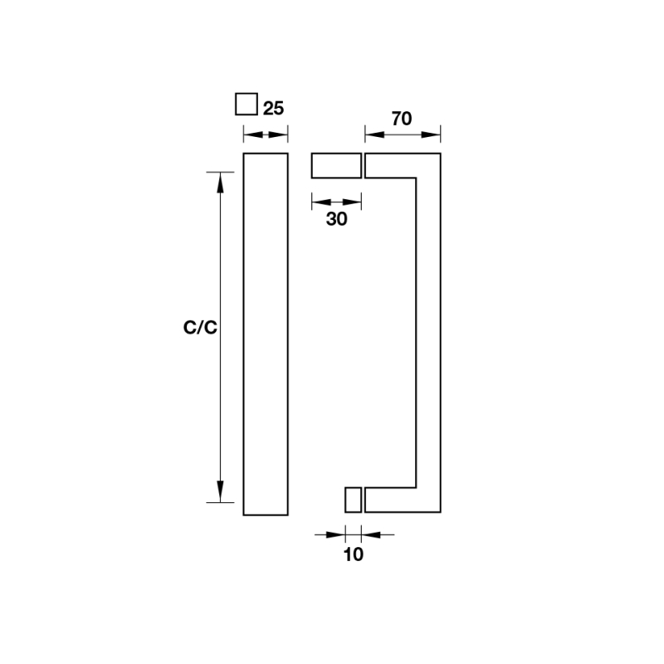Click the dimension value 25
(x=273, y=109)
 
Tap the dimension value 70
(x=402, y=119)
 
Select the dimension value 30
(x=337, y=219)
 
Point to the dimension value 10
(x=354, y=554)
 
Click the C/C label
(x=200, y=327)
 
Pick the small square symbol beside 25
(x=247, y=105)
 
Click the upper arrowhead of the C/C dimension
(x=220, y=183)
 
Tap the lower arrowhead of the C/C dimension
(x=220, y=491)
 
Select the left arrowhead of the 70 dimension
(x=375, y=134)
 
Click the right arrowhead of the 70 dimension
(x=431, y=134)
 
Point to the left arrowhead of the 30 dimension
(x=321, y=202)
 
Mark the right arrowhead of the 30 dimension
(x=352, y=202)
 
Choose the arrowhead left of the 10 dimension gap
(x=336, y=535)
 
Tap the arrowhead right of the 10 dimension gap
(x=371, y=535)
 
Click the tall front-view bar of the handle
(x=266, y=334)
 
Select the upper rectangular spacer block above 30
(x=337, y=165)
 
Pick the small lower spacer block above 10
(x=354, y=500)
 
